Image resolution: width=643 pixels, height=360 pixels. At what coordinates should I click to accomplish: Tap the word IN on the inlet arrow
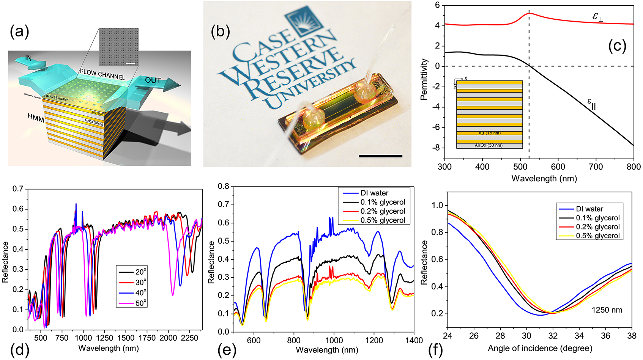(x=28, y=58)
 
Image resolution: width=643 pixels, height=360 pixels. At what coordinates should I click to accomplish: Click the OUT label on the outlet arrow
(x=153, y=80)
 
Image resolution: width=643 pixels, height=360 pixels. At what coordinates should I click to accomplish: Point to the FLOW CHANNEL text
(x=102, y=74)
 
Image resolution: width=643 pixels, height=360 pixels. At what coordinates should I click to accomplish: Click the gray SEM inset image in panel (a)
(x=118, y=47)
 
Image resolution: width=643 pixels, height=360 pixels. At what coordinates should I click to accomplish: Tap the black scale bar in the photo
(x=380, y=156)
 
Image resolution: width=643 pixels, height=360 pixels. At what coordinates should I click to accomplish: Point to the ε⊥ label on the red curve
(x=597, y=17)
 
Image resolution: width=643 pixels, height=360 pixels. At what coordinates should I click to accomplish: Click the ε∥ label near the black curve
(x=591, y=104)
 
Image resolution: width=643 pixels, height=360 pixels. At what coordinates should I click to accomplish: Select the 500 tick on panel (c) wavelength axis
(x=520, y=167)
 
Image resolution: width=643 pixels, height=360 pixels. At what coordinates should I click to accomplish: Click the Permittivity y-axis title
(x=424, y=79)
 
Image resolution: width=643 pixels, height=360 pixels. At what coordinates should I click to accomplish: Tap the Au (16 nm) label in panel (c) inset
(x=489, y=133)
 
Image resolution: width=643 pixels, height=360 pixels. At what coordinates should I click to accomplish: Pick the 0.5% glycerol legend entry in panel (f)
(x=597, y=236)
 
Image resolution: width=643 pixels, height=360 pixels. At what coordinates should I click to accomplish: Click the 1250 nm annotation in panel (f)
(x=607, y=310)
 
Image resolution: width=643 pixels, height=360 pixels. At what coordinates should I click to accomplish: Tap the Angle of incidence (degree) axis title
(x=540, y=348)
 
